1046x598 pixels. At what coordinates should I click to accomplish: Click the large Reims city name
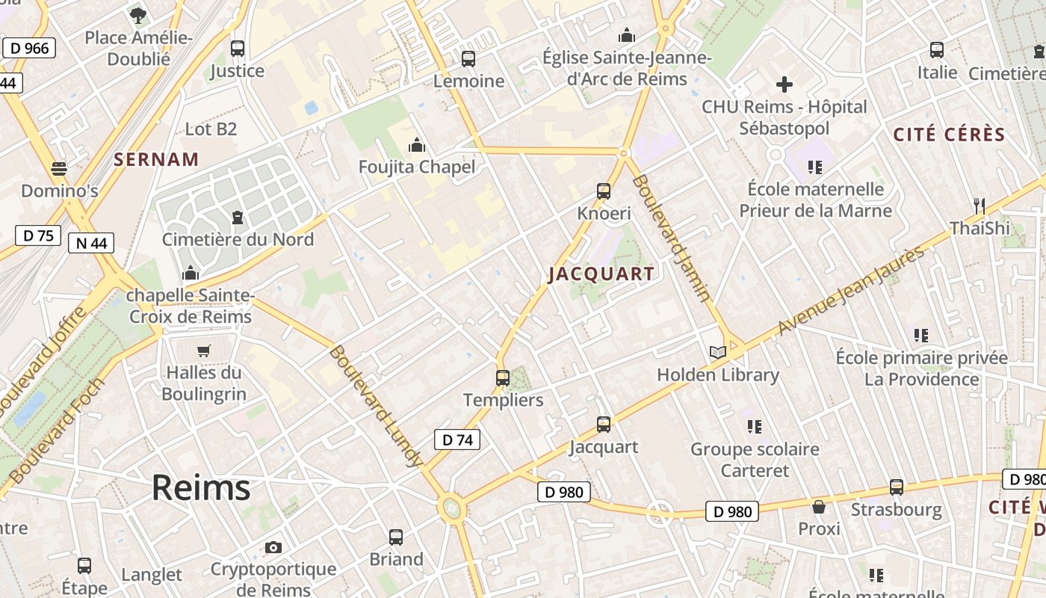(200, 488)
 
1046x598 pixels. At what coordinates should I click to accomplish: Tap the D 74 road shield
(457, 440)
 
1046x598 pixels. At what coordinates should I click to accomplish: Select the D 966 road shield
(29, 49)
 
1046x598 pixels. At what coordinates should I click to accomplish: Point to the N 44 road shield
(91, 242)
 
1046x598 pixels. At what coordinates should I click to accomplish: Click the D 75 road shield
(37, 235)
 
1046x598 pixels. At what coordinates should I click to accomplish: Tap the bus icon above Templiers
(503, 378)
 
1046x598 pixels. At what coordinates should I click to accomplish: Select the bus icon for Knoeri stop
(604, 191)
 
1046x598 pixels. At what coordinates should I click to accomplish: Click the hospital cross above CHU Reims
(784, 84)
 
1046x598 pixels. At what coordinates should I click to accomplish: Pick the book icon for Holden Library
(717, 352)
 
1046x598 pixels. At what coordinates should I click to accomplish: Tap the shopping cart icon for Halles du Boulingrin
(203, 351)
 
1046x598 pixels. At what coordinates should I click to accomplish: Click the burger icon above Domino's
(59, 169)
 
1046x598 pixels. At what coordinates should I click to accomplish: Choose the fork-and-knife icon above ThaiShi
(980, 206)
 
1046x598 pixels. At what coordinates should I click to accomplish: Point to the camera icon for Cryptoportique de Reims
(273, 547)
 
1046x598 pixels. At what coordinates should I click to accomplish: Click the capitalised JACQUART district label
(601, 274)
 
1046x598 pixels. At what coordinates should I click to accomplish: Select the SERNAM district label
(156, 159)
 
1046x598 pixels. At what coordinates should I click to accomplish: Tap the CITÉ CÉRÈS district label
(950, 135)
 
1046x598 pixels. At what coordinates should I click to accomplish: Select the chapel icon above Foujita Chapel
(417, 144)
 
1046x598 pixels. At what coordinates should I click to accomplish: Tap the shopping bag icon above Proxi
(819, 507)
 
